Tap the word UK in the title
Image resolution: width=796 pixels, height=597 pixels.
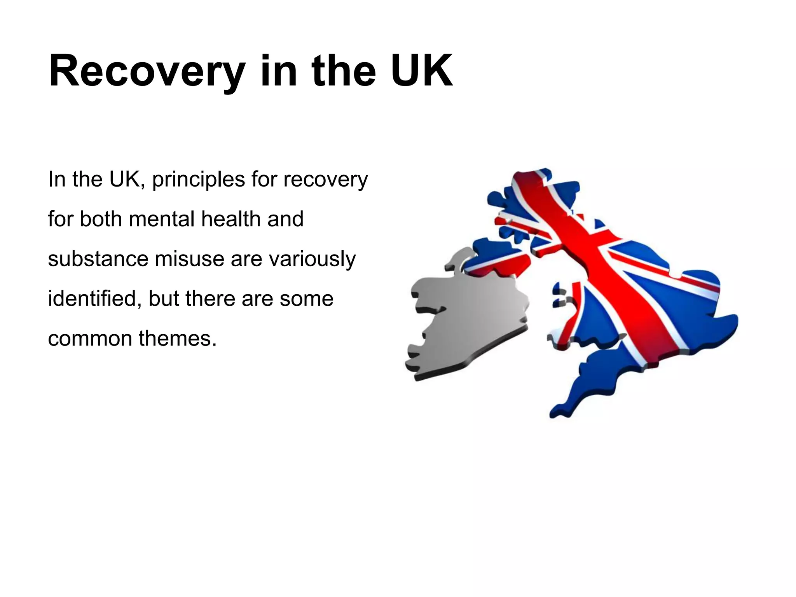pyautogui.click(x=421, y=72)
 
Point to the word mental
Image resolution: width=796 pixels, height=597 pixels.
pyautogui.click(x=162, y=219)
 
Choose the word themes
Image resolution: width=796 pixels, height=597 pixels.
pyautogui.click(x=177, y=339)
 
